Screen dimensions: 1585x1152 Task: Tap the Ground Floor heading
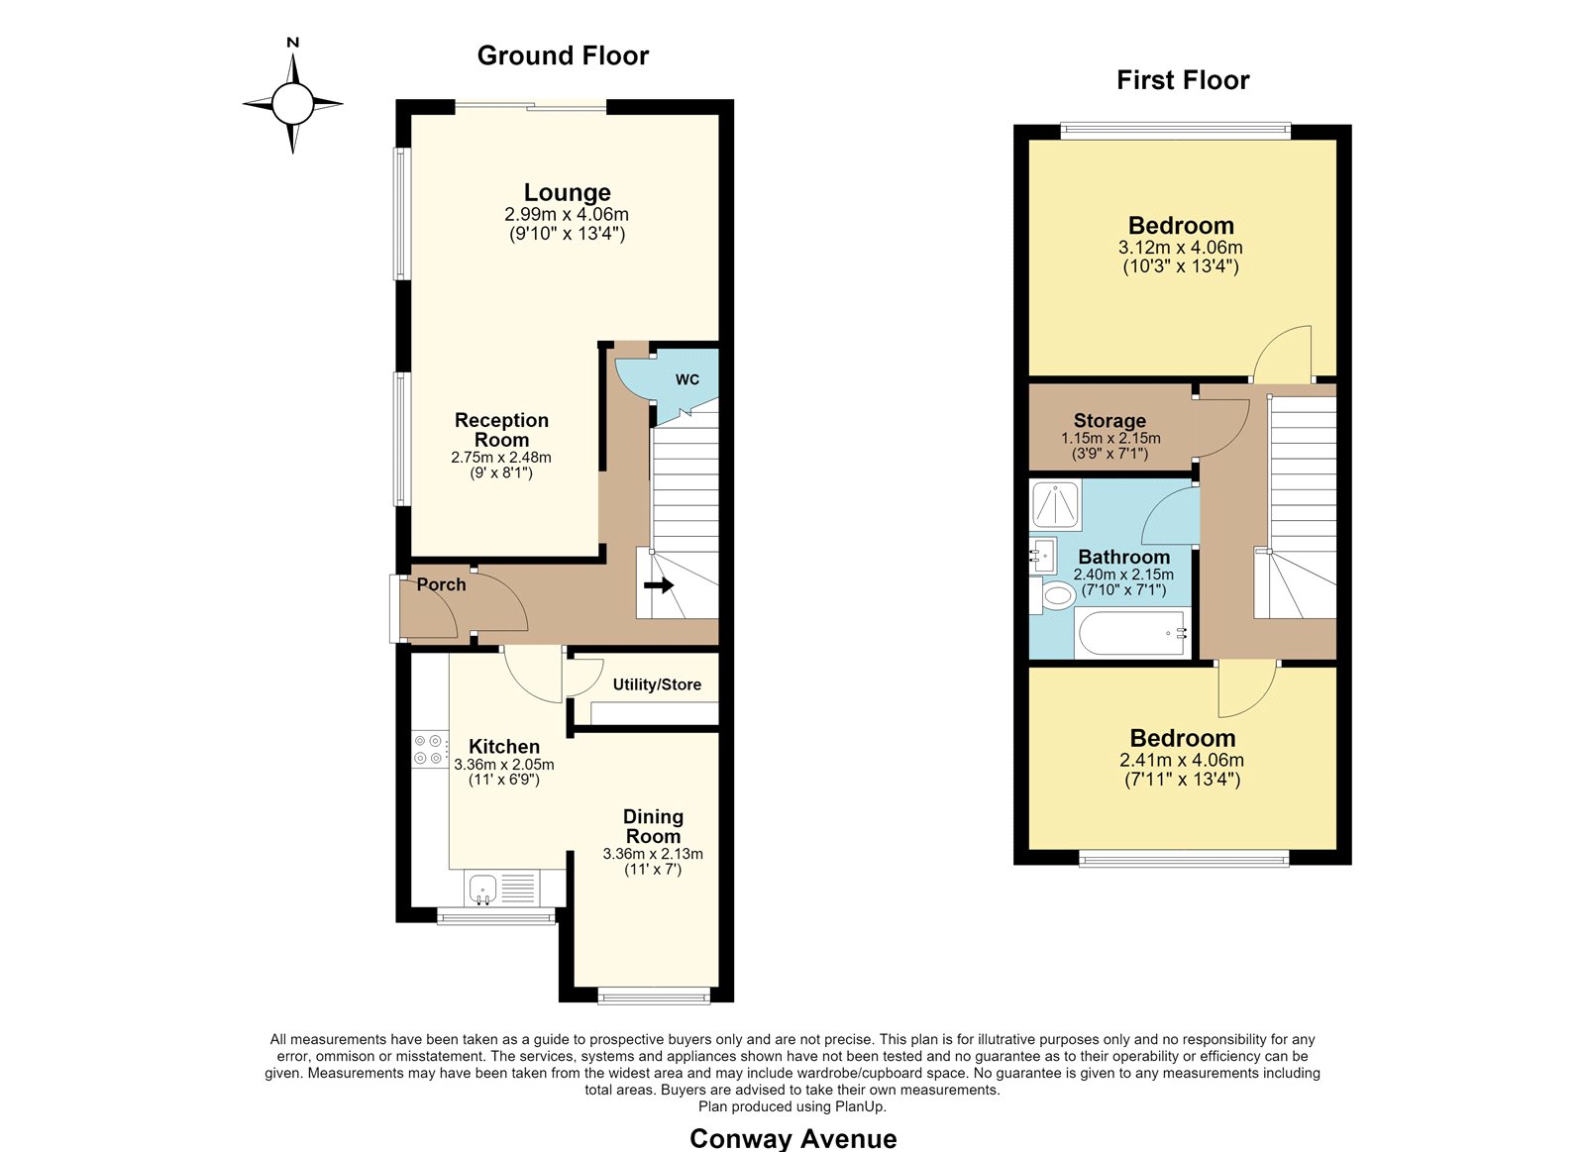pyautogui.click(x=563, y=55)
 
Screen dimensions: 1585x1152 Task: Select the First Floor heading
pyautogui.click(x=1183, y=80)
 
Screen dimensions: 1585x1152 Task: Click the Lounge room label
pyautogui.click(x=567, y=192)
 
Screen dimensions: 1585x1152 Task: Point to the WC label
pyautogui.click(x=687, y=379)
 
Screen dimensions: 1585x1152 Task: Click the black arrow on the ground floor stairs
pyautogui.click(x=658, y=585)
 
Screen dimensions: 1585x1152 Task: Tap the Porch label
pyautogui.click(x=441, y=584)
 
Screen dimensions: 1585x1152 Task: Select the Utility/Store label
pyautogui.click(x=657, y=684)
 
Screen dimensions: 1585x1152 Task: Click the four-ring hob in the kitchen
pyautogui.click(x=430, y=750)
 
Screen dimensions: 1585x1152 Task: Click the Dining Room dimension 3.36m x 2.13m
pyautogui.click(x=653, y=854)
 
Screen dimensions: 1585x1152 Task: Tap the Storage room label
pyautogui.click(x=1109, y=421)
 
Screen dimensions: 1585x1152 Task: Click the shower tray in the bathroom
pyautogui.click(x=1056, y=505)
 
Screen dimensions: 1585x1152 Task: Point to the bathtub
pyautogui.click(x=1132, y=633)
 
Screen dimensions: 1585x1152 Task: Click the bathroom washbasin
pyautogui.click(x=1042, y=555)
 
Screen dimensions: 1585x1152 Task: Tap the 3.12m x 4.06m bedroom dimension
pyautogui.click(x=1180, y=248)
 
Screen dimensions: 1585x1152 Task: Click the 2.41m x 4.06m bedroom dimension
pyautogui.click(x=1182, y=760)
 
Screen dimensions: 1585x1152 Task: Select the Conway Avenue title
pyautogui.click(x=792, y=1138)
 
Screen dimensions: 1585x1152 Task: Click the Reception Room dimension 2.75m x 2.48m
pyautogui.click(x=501, y=457)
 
